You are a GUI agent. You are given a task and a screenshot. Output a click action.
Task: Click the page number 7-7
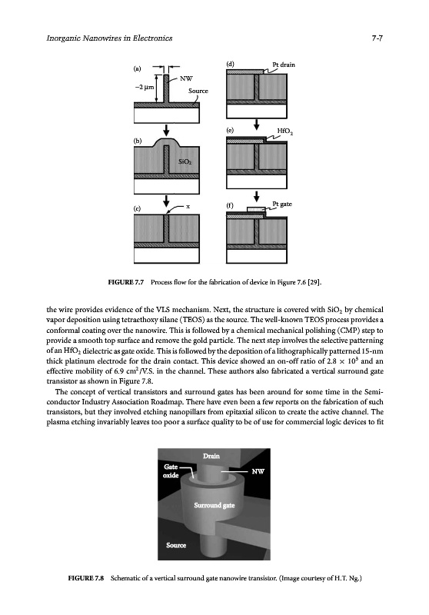pos(377,38)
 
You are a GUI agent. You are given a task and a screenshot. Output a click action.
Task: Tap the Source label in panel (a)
pos(198,91)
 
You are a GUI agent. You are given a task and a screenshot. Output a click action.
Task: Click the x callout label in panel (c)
pos(188,206)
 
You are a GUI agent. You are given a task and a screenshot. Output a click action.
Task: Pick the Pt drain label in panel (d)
pos(284,65)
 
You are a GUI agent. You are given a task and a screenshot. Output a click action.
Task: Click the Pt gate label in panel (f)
pos(282,204)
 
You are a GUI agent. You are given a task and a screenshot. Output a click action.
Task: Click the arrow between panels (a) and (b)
pos(167,129)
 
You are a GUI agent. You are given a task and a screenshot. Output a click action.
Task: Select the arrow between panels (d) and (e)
pos(257,125)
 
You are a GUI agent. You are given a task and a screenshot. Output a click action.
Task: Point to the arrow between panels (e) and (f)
pos(257,196)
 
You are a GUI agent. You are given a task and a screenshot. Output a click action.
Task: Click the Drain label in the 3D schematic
pos(211,456)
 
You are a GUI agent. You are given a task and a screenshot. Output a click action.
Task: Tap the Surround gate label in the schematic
pos(214,505)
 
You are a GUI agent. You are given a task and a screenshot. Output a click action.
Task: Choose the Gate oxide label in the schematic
pos(171,471)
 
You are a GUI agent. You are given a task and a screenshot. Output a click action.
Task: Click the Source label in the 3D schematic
pos(176,545)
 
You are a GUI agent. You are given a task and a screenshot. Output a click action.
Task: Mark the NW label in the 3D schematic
pos(258,471)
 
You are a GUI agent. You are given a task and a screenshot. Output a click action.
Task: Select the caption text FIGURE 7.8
pos(86,578)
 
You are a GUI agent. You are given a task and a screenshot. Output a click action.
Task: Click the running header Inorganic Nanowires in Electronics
pos(109,38)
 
